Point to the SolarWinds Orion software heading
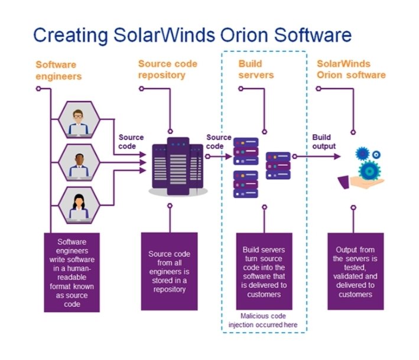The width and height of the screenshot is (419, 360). [351, 69]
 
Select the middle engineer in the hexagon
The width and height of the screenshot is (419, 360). [78, 163]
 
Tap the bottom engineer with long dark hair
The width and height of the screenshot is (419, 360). [78, 205]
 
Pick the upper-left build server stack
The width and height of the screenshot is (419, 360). [246, 150]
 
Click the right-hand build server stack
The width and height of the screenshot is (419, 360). [277, 166]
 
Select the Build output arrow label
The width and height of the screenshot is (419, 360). [324, 142]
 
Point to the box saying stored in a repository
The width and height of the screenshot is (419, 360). [170, 272]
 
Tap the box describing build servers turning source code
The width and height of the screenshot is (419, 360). [264, 272]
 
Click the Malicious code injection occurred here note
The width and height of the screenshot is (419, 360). [264, 320]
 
